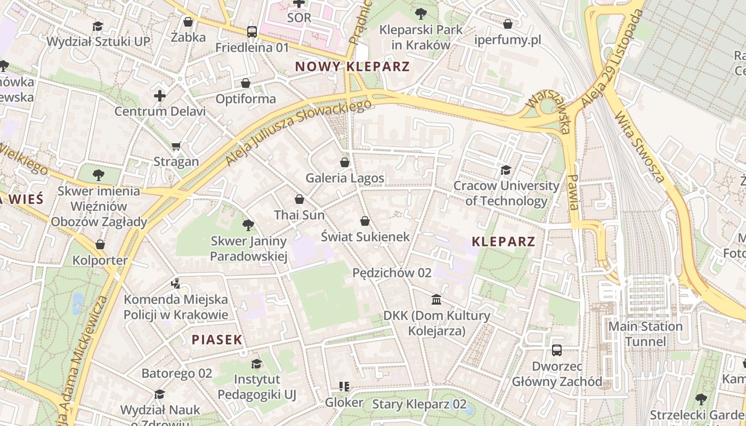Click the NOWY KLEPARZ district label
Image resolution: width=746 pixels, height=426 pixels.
[352, 67]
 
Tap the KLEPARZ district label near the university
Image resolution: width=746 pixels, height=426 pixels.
[503, 242]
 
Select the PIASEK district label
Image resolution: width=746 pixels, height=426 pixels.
[217, 339]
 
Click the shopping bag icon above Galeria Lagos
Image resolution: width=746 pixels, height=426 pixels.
[345, 162]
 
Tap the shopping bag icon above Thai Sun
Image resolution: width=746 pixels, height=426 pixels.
[299, 199]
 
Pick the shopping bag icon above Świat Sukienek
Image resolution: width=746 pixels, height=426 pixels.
[365, 221]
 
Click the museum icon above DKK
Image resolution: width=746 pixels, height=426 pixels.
[436, 300]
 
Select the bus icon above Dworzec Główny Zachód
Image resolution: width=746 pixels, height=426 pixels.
[557, 350]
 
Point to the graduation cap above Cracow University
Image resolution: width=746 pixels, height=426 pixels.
[506, 170]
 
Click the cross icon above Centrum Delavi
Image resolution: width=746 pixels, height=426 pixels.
[160, 96]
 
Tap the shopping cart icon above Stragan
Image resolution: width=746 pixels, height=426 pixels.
[176, 146]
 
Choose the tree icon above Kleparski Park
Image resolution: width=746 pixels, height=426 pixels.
[420, 13]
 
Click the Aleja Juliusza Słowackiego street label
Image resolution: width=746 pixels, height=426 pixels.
[298, 132]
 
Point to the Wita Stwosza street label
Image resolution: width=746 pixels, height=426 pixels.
[639, 146]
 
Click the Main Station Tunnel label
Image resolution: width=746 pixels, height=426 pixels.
[645, 334]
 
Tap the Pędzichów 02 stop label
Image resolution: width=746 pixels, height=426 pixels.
[392, 273]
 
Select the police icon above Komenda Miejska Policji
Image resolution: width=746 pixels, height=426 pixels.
[176, 284]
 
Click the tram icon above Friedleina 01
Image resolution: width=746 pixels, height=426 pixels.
[252, 32]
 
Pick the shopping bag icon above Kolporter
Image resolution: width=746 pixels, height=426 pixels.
[100, 244]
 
